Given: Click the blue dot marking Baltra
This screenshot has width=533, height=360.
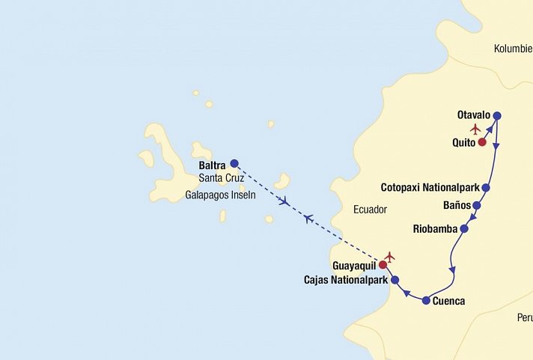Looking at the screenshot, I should point(234,163).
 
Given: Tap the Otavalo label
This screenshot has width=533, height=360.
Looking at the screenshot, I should point(473,115).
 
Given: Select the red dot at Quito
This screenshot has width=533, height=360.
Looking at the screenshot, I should point(482,142).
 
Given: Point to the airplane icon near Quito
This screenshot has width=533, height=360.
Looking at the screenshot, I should point(475,129).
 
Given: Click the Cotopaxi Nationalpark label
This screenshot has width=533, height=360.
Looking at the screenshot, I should point(430,187).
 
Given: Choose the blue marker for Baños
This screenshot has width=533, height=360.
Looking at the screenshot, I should point(476,205).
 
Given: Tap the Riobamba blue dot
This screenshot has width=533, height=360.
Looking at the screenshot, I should point(464,228).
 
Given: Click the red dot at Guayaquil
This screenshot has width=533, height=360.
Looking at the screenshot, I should point(383,265).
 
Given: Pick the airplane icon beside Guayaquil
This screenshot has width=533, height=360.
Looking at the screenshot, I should point(389,257).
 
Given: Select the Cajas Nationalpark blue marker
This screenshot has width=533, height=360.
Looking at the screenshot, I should point(395,281).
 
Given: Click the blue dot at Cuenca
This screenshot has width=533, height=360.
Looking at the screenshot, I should point(426,301).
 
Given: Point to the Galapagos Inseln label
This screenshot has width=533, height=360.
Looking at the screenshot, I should point(220,195).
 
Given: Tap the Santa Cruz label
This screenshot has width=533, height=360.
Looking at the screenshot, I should point(222,178).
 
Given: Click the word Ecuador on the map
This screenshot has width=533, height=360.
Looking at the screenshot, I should point(370,210).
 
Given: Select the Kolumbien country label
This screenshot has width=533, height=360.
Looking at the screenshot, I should point(513,49).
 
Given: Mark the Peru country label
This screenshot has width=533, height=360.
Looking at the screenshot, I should point(524,317).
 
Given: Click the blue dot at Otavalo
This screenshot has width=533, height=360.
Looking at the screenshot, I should point(497,115).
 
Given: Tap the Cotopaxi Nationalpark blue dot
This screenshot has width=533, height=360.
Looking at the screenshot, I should point(486,188).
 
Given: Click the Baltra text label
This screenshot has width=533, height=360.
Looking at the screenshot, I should point(213,165).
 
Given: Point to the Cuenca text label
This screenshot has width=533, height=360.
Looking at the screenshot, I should point(448,302).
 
